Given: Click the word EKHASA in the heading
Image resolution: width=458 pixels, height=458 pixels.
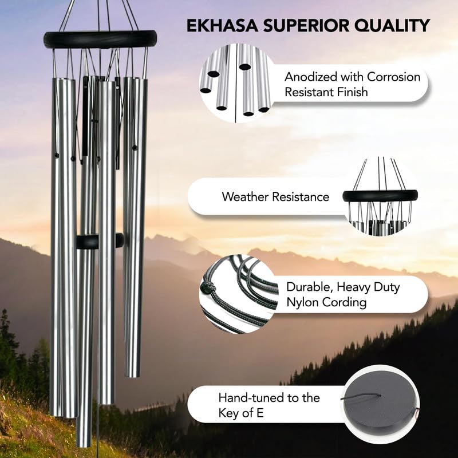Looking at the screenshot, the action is click(222, 25).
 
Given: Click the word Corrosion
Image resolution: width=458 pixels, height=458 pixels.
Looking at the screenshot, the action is click(394, 77).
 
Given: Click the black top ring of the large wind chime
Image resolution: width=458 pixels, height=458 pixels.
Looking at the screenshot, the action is click(100, 40).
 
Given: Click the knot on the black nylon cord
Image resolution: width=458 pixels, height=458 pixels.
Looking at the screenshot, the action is click(207, 288).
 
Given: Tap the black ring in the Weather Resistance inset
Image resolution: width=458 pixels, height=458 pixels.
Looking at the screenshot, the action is click(380, 196).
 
